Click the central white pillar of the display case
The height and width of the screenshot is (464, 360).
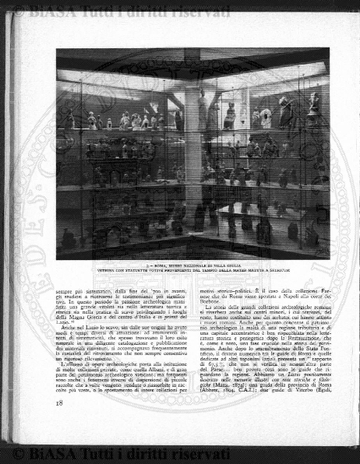point(192,156)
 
